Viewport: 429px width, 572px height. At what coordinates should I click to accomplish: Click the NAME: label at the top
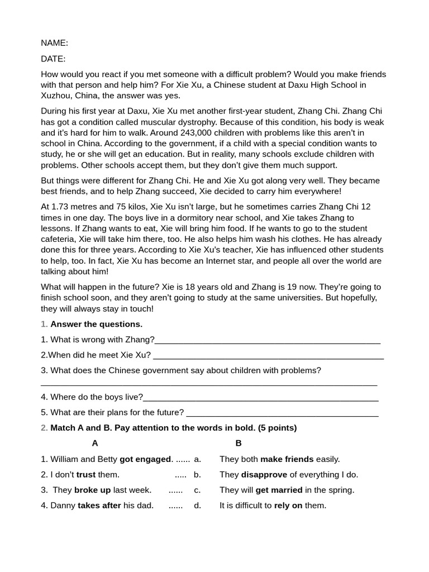[x=54, y=42]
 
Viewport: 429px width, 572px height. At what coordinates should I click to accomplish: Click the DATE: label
[x=53, y=59]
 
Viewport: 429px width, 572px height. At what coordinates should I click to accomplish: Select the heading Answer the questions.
[x=96, y=324]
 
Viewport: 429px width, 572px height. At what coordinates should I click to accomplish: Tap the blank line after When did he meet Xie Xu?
[x=268, y=355]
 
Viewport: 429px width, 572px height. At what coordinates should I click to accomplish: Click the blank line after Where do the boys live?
[x=260, y=397]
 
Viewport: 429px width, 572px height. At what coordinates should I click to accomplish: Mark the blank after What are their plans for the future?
[x=282, y=413]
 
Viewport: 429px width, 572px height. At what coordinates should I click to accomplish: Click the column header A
[x=95, y=443]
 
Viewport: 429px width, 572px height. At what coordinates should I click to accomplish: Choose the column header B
[x=239, y=443]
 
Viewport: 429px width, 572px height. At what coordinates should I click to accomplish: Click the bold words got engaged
[x=145, y=459]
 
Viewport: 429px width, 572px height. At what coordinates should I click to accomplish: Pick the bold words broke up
[x=92, y=490]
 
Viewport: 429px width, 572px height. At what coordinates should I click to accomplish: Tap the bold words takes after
[x=99, y=506]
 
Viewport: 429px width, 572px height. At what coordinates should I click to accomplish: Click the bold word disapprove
[x=264, y=475]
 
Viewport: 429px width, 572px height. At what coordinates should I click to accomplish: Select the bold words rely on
[x=288, y=506]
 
